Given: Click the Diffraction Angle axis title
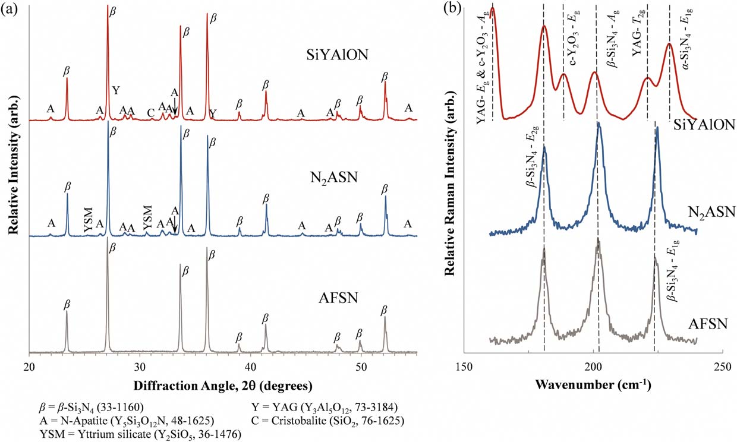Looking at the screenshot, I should (x=223, y=385).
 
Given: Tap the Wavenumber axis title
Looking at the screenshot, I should (x=594, y=384).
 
